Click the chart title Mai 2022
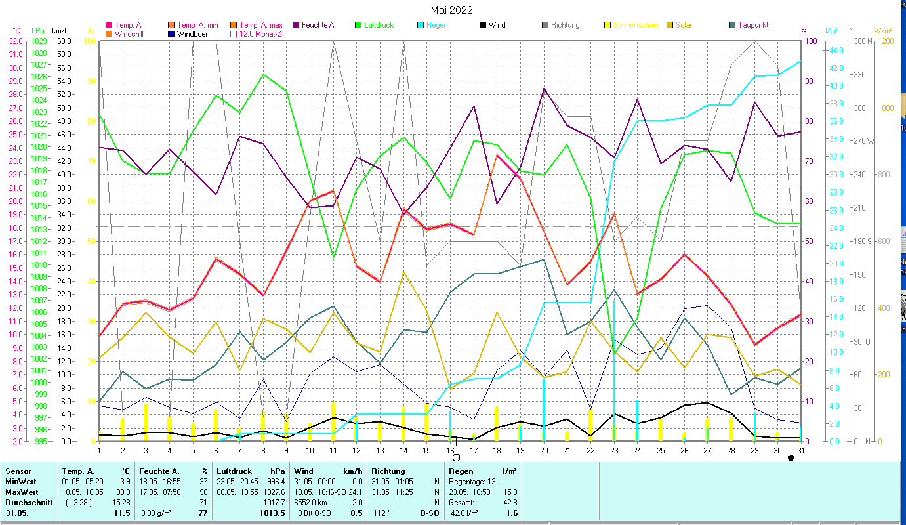point(451,10)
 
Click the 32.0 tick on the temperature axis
point(16,41)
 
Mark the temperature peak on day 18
point(497,155)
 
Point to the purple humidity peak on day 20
point(544,89)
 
